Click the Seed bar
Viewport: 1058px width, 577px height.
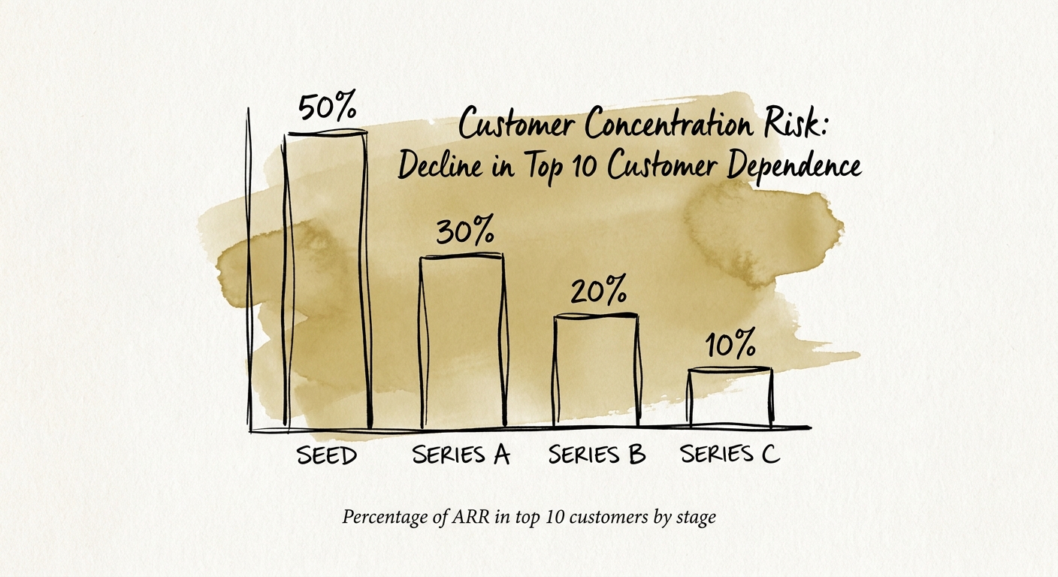[327, 282]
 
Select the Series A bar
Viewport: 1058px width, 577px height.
[462, 342]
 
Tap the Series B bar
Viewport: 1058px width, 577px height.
[595, 370]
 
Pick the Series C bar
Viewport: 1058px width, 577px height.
[730, 397]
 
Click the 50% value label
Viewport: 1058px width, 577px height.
[327, 109]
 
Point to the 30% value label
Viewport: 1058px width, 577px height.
[465, 232]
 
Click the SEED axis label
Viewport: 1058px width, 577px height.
[326, 455]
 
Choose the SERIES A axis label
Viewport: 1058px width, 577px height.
[461, 455]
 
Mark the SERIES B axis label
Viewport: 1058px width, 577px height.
[597, 455]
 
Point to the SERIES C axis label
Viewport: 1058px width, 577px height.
[730, 455]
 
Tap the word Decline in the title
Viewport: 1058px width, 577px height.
[440, 165]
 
